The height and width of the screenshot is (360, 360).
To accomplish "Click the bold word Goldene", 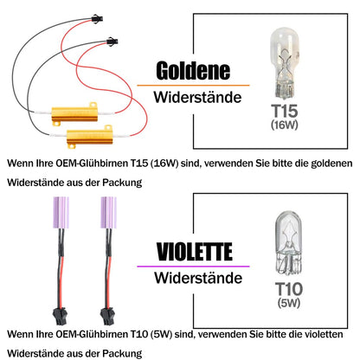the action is coord(193,71).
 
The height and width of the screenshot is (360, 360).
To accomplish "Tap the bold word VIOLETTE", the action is coord(195,252).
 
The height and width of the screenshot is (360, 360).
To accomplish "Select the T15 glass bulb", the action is coord(285,63).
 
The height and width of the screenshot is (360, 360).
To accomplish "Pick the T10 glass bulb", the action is coord(288,243).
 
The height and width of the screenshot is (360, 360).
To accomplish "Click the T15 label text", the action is coord(285,111).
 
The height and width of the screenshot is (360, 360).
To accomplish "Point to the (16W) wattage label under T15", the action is coord(285,125).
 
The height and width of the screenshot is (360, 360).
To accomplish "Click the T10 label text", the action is coord(289,289).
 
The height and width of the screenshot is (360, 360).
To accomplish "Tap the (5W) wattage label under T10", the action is coord(289,303).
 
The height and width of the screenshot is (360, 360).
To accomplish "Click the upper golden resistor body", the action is coord(74,114).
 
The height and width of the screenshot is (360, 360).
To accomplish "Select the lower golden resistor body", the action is coord(89,137).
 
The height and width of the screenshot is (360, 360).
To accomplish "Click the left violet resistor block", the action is coord(61,213).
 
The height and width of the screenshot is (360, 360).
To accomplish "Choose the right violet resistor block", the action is coord(108,213).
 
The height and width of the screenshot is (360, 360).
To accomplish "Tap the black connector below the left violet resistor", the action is coord(60,317).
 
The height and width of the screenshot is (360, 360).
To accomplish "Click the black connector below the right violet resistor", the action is coord(107,317).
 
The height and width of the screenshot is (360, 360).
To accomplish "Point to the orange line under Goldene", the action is coord(193,86).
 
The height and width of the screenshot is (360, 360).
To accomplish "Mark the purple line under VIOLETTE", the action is coord(193,267).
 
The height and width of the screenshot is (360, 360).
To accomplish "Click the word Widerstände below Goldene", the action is coord(197,97).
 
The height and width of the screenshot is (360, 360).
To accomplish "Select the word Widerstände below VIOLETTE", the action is coord(198,278).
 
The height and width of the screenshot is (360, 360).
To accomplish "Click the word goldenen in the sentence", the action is coord(331,164).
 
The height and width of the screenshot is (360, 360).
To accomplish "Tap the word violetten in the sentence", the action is coord(324,334).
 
